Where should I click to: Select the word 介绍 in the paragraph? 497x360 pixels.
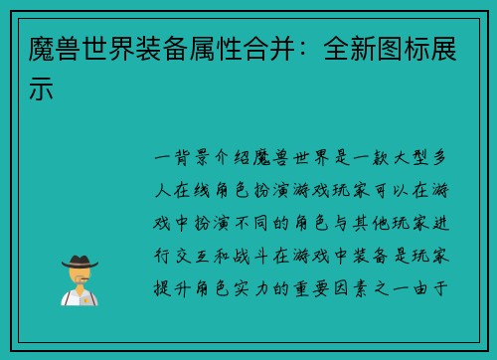pyautogui.click(x=236, y=157)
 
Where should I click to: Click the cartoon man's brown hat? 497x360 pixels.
pyautogui.click(x=79, y=261)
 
